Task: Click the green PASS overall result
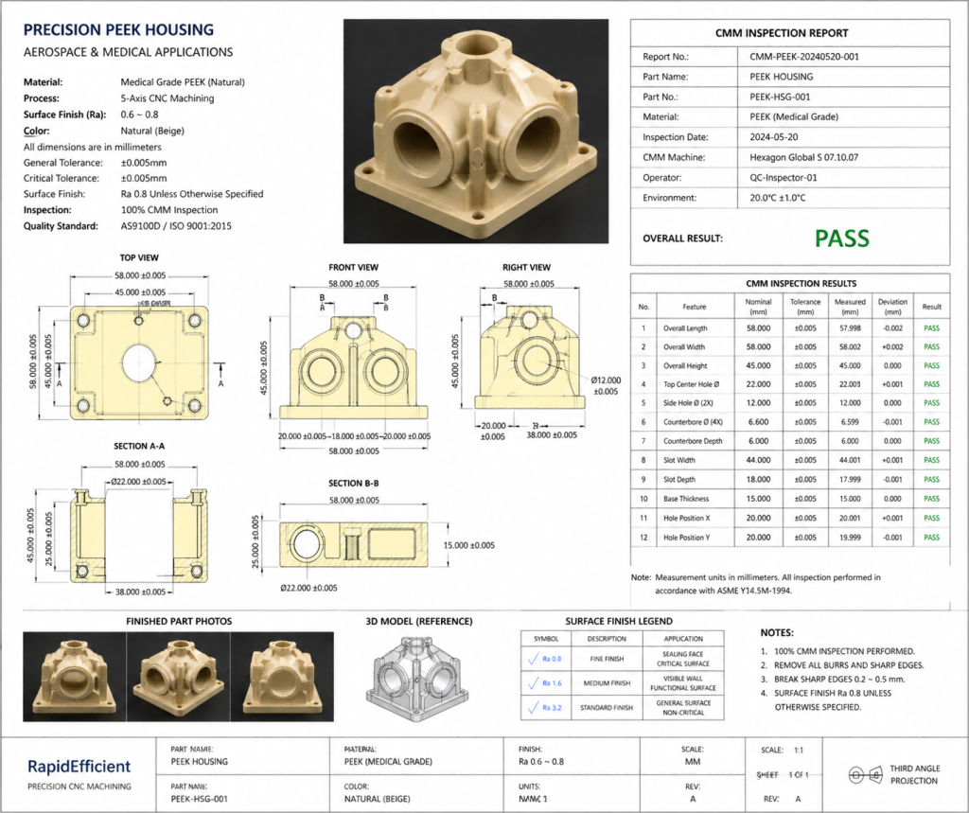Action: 841,239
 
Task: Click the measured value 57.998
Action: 850,328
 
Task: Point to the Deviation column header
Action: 891,306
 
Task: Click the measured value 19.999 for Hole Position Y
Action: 850,538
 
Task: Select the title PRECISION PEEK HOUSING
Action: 118,30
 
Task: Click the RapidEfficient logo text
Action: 79,767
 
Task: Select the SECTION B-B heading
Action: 353,484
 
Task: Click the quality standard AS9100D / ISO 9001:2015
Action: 176,226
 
